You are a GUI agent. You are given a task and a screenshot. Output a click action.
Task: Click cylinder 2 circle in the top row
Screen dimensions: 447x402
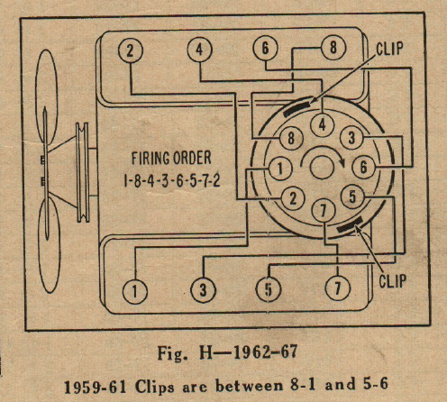pyautogui.click(x=130, y=50)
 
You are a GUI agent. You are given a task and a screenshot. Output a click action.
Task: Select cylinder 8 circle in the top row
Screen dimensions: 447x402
pyautogui.click(x=333, y=48)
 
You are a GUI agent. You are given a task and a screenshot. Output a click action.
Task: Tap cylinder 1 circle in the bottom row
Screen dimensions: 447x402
pyautogui.click(x=135, y=291)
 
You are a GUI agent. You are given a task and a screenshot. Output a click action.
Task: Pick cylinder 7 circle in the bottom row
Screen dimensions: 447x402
pyautogui.click(x=338, y=288)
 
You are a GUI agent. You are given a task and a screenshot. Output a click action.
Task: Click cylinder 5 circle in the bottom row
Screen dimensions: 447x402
pyautogui.click(x=269, y=289)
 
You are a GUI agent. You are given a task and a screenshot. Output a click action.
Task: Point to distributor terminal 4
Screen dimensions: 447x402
pyautogui.click(x=323, y=125)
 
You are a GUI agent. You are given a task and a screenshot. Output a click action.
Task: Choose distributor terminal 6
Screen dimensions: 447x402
pyautogui.click(x=363, y=167)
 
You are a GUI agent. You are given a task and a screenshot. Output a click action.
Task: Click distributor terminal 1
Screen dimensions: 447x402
pyautogui.click(x=280, y=169)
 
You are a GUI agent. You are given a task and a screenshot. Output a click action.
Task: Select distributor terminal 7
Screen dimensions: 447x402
pyautogui.click(x=324, y=211)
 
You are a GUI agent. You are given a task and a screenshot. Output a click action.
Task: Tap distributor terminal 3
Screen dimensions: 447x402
pyautogui.click(x=351, y=138)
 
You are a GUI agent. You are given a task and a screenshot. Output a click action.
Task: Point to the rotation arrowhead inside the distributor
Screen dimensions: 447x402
pyautogui.click(x=341, y=162)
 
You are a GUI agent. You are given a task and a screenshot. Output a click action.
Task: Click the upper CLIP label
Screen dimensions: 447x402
pyautogui.click(x=389, y=49)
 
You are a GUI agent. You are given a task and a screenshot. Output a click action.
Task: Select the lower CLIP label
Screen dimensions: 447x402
pyautogui.click(x=392, y=281)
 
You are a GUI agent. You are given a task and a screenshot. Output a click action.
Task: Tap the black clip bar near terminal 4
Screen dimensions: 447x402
pyautogui.click(x=297, y=109)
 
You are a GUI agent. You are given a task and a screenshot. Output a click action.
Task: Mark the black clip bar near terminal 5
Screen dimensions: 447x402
pyautogui.click(x=350, y=225)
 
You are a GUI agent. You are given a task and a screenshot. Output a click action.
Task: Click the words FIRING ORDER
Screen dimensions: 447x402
pyautogui.click(x=171, y=158)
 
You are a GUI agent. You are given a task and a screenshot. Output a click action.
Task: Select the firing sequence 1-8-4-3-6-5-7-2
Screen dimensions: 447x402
pyautogui.click(x=172, y=180)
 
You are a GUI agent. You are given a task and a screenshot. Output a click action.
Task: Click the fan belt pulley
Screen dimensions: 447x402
pyautogui.click(x=83, y=172)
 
